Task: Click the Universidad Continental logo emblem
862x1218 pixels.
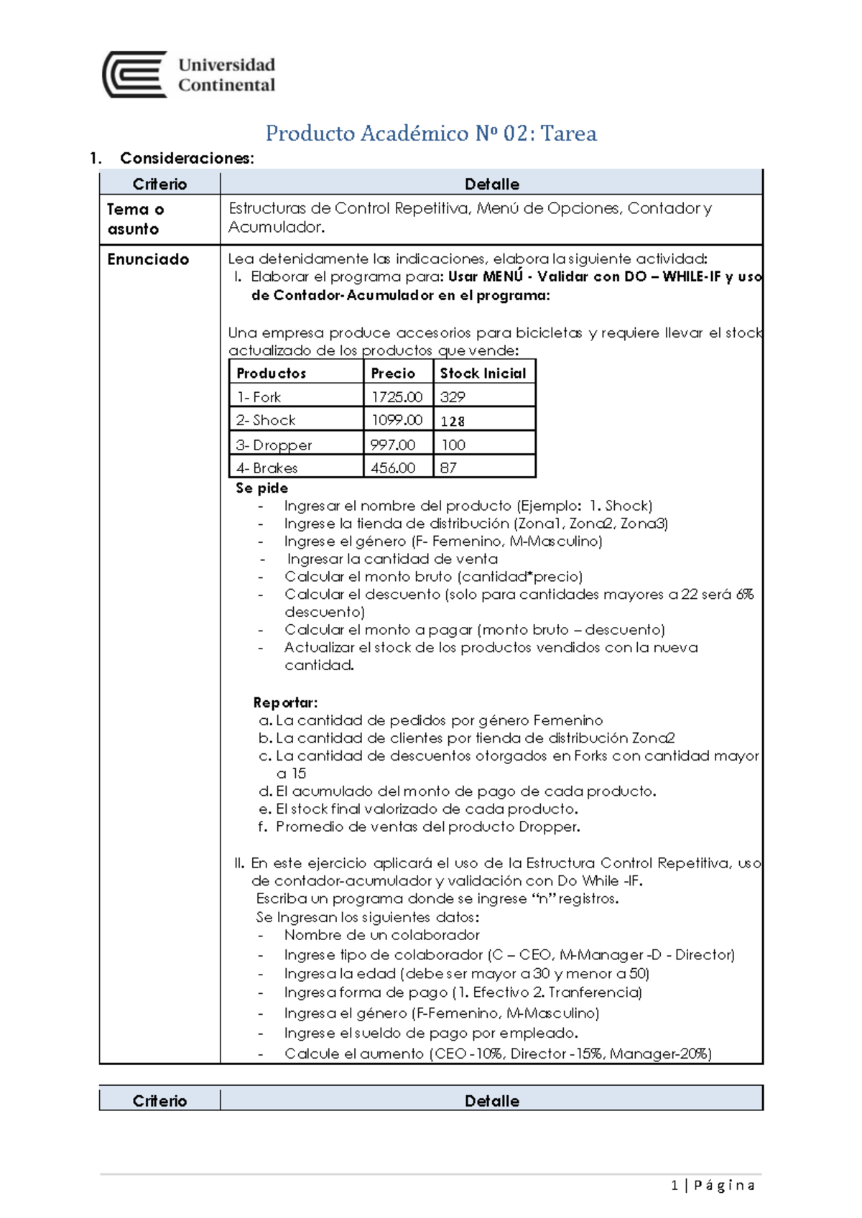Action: click(x=135, y=74)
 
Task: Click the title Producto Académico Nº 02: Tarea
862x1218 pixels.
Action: click(x=431, y=134)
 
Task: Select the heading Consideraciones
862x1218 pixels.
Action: click(x=187, y=158)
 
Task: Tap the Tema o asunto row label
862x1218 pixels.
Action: click(x=136, y=219)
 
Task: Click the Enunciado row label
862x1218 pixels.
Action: click(x=148, y=259)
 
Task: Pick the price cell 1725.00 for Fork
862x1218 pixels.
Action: click(x=397, y=396)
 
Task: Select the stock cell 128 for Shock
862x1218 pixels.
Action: click(x=453, y=421)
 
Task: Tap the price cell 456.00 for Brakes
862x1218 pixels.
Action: click(x=393, y=468)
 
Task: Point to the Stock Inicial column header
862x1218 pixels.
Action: click(x=483, y=373)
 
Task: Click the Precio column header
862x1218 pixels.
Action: click(x=393, y=373)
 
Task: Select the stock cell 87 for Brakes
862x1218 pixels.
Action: click(x=448, y=468)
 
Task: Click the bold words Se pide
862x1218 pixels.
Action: click(x=261, y=488)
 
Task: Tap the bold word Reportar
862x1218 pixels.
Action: click(x=285, y=702)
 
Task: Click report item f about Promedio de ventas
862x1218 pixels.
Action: click(x=427, y=827)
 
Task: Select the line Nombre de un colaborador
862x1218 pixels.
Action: click(x=381, y=935)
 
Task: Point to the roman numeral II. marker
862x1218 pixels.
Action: click(x=239, y=863)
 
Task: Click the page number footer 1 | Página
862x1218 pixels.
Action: click(x=713, y=1185)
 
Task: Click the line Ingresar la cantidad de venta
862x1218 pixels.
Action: click(x=392, y=559)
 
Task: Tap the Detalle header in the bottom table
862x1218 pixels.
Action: click(x=491, y=1100)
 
